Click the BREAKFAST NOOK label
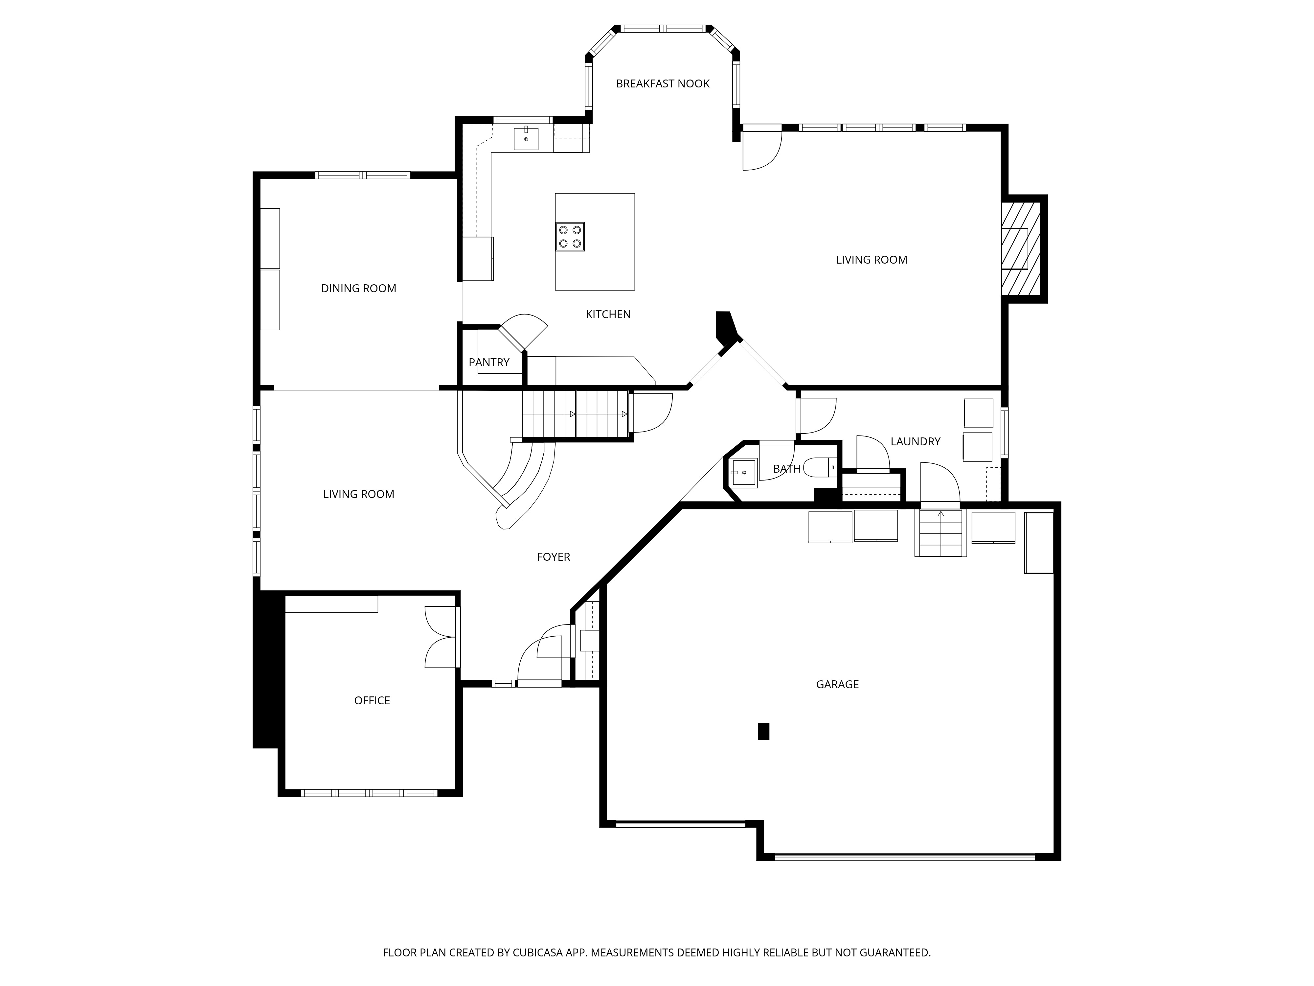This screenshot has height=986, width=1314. (662, 84)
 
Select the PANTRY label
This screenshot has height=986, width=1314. (489, 362)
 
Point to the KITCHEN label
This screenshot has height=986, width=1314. (608, 315)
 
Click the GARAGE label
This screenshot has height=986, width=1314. (838, 684)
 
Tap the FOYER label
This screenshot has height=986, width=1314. (553, 557)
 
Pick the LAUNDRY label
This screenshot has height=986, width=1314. (916, 442)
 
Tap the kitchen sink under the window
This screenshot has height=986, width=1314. (526, 138)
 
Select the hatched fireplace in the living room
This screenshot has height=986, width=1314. (1021, 248)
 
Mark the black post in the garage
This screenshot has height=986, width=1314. (764, 731)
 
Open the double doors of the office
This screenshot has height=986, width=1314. (442, 637)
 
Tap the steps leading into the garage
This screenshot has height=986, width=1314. (940, 532)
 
